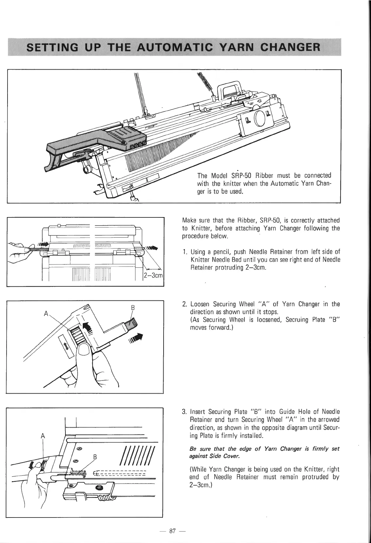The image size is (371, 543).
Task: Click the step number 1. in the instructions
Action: tap(185, 252)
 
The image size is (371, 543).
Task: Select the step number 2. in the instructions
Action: tap(185, 304)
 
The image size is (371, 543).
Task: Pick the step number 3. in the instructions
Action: tap(185, 411)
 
